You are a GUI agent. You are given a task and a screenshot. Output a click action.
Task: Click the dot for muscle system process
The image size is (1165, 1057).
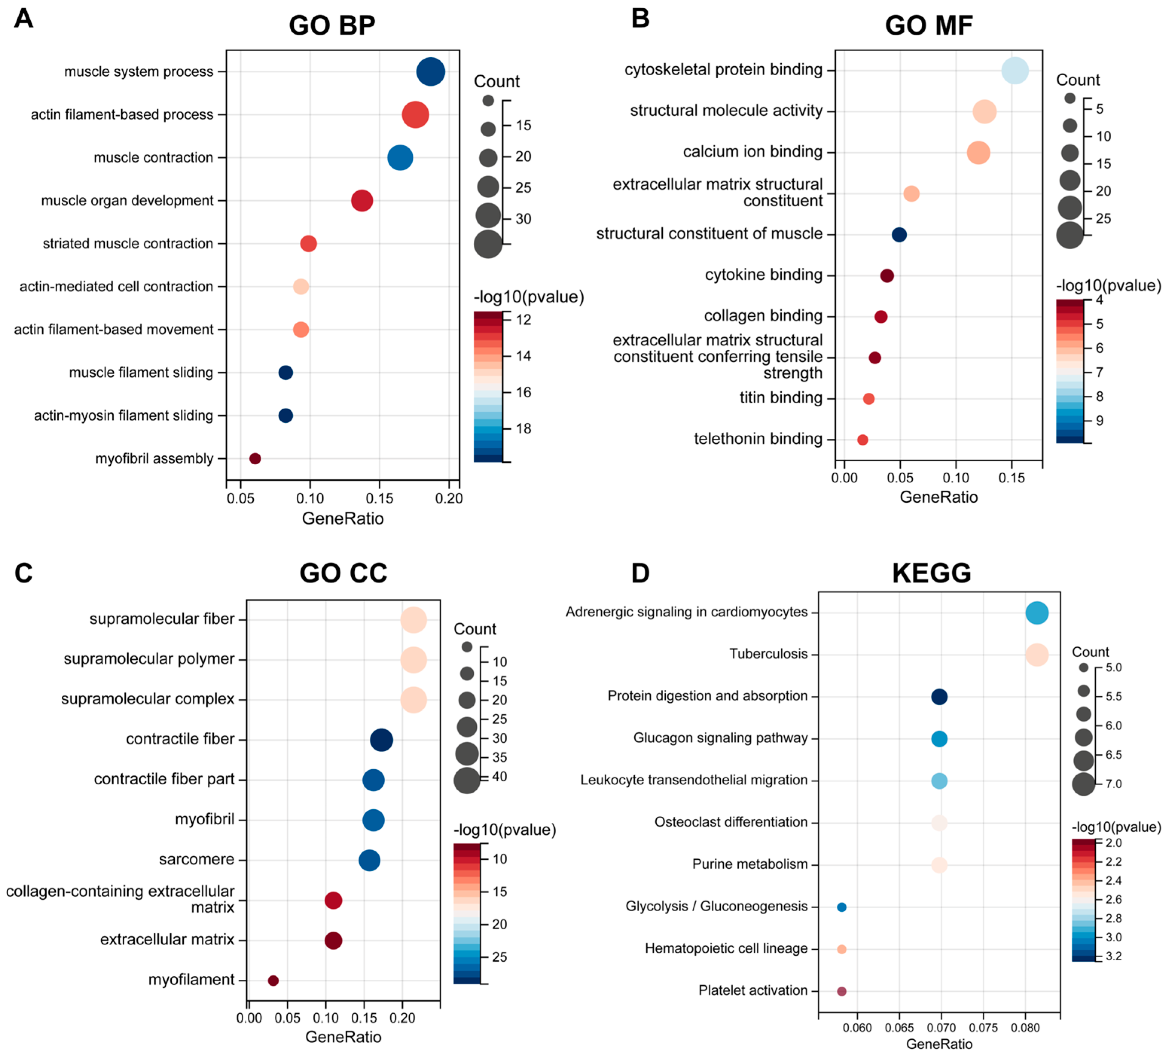tap(430, 72)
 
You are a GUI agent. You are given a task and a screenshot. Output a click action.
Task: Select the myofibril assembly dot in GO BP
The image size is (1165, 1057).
tap(255, 458)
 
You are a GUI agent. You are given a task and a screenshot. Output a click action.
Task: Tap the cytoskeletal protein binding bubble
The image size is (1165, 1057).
tap(1015, 70)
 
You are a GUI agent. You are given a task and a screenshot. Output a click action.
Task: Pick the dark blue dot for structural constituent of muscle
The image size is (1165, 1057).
tap(899, 235)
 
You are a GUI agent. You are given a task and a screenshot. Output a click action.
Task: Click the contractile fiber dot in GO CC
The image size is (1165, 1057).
tap(381, 740)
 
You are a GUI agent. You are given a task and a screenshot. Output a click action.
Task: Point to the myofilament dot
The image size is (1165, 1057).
tap(273, 981)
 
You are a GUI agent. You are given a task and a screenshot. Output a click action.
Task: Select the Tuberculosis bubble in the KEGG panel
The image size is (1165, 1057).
tap(1037, 655)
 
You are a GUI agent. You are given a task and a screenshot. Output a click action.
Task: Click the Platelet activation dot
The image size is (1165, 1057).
tap(842, 991)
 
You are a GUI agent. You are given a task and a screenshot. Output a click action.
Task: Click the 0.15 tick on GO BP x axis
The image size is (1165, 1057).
tap(379, 498)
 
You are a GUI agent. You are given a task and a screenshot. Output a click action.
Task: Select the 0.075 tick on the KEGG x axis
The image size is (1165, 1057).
tap(983, 1028)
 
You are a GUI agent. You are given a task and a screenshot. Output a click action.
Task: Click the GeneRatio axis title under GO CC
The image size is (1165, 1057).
tap(343, 1037)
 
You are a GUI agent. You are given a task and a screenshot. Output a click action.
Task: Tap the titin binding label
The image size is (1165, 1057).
tap(781, 398)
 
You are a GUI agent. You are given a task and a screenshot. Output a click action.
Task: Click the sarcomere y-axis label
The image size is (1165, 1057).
tap(197, 859)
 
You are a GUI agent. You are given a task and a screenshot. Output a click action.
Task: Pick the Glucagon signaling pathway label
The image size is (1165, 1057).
tap(720, 738)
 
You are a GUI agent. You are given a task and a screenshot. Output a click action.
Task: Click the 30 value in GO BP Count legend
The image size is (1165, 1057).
tap(523, 219)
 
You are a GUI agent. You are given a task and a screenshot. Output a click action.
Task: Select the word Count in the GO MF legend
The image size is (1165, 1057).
tap(1078, 80)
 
